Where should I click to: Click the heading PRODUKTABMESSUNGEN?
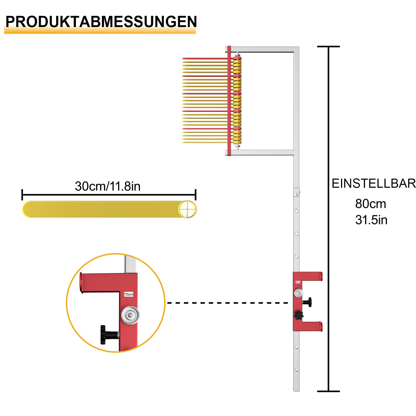coord(101,22)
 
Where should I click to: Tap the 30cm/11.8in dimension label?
coord(108,186)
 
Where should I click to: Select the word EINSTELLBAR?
coord(374,184)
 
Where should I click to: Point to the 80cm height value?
coord(370,204)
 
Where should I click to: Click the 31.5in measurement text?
coord(371,220)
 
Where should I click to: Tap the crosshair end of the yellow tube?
coord(187,209)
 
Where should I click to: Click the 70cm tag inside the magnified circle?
coord(129,294)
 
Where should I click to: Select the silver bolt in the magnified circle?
coord(131,315)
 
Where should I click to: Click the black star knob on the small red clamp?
coord(299,315)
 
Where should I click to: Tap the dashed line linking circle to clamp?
coord(227,303)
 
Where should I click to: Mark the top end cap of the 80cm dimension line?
coord(328,47)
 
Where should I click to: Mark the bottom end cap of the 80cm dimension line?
coord(328,391)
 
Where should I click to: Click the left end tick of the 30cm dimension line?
coord(22,195)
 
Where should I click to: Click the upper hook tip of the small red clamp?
coord(321,276)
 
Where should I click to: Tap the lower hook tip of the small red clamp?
coord(321,327)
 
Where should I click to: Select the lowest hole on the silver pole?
coord(296,370)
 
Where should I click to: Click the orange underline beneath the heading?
coord(100,31)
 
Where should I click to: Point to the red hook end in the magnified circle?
coord(81,283)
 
